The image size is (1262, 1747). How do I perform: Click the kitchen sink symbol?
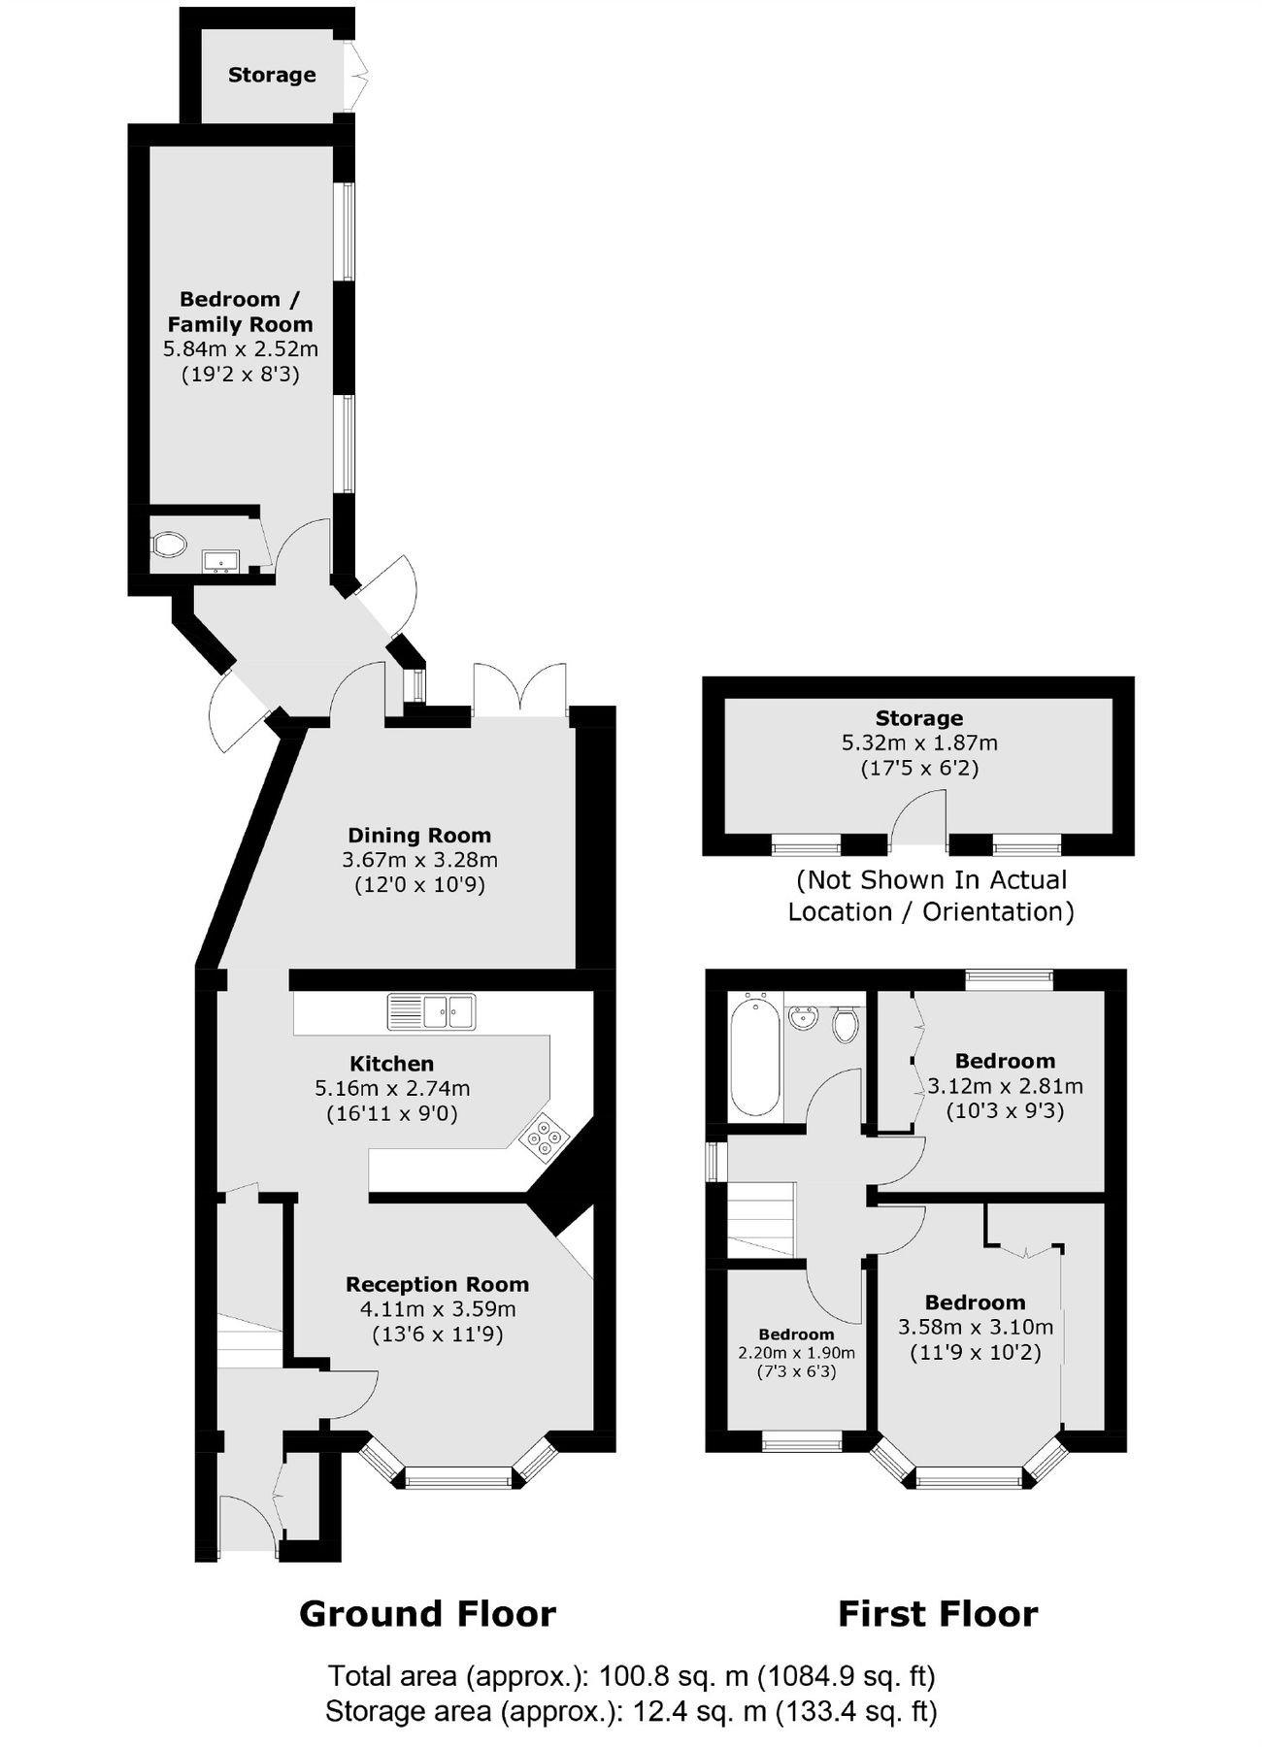click(431, 1011)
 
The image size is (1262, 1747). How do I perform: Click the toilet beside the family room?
click(169, 544)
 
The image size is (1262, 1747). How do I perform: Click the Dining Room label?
click(419, 835)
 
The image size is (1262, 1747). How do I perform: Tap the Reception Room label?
click(437, 1284)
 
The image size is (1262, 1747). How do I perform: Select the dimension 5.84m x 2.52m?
click(240, 349)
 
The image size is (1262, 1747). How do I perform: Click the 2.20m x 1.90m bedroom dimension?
click(796, 1353)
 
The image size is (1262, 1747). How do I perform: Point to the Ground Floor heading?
click(427, 1614)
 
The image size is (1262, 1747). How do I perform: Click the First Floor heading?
click(938, 1614)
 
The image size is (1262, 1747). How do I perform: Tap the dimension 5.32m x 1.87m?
click(918, 743)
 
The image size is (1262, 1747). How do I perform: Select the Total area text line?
click(631, 1676)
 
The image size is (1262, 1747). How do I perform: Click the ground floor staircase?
click(249, 1337)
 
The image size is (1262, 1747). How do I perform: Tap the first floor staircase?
click(762, 1220)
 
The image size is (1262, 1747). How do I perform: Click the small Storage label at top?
click(272, 75)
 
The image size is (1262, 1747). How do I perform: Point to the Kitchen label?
click(391, 1064)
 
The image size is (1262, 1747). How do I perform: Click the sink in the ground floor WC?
click(220, 560)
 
